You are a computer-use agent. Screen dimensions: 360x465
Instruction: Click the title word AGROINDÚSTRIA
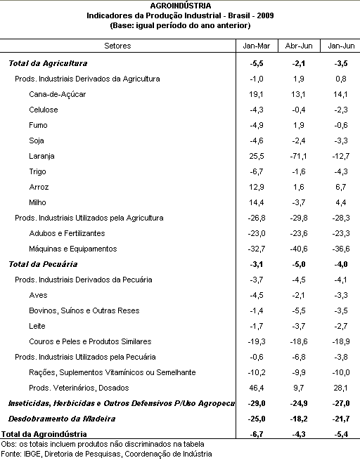[x=181, y=6]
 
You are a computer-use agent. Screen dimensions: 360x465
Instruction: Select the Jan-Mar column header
[x=257, y=46]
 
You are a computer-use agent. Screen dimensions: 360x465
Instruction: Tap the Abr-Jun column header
[x=299, y=46]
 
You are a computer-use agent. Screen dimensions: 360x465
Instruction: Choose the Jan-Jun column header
[x=341, y=46]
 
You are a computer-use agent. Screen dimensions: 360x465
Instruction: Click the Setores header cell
[x=117, y=46]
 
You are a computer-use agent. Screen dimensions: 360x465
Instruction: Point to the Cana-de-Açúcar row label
[x=58, y=94]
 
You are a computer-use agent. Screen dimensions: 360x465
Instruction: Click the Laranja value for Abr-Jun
[x=299, y=156]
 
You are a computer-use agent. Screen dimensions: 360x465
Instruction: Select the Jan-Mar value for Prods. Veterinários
[x=257, y=388]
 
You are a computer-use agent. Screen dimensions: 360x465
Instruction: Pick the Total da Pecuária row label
[x=43, y=264]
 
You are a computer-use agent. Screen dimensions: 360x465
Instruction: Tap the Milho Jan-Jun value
[x=341, y=202]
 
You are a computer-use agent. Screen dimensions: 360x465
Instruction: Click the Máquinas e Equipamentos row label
[x=73, y=249]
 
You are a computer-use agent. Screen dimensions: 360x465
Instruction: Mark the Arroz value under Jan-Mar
[x=257, y=187]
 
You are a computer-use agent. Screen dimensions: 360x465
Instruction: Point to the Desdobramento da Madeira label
[x=62, y=419]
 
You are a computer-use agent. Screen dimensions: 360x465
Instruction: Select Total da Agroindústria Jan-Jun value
[x=341, y=434]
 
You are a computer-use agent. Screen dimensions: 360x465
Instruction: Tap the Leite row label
[x=37, y=326]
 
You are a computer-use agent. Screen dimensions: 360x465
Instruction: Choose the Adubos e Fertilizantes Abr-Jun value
[x=299, y=233]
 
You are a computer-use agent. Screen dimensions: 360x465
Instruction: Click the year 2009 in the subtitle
[x=265, y=15]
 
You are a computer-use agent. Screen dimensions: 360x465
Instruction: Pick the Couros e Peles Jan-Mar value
[x=257, y=341]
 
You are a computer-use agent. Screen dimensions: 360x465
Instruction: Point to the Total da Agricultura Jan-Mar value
[x=257, y=63]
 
